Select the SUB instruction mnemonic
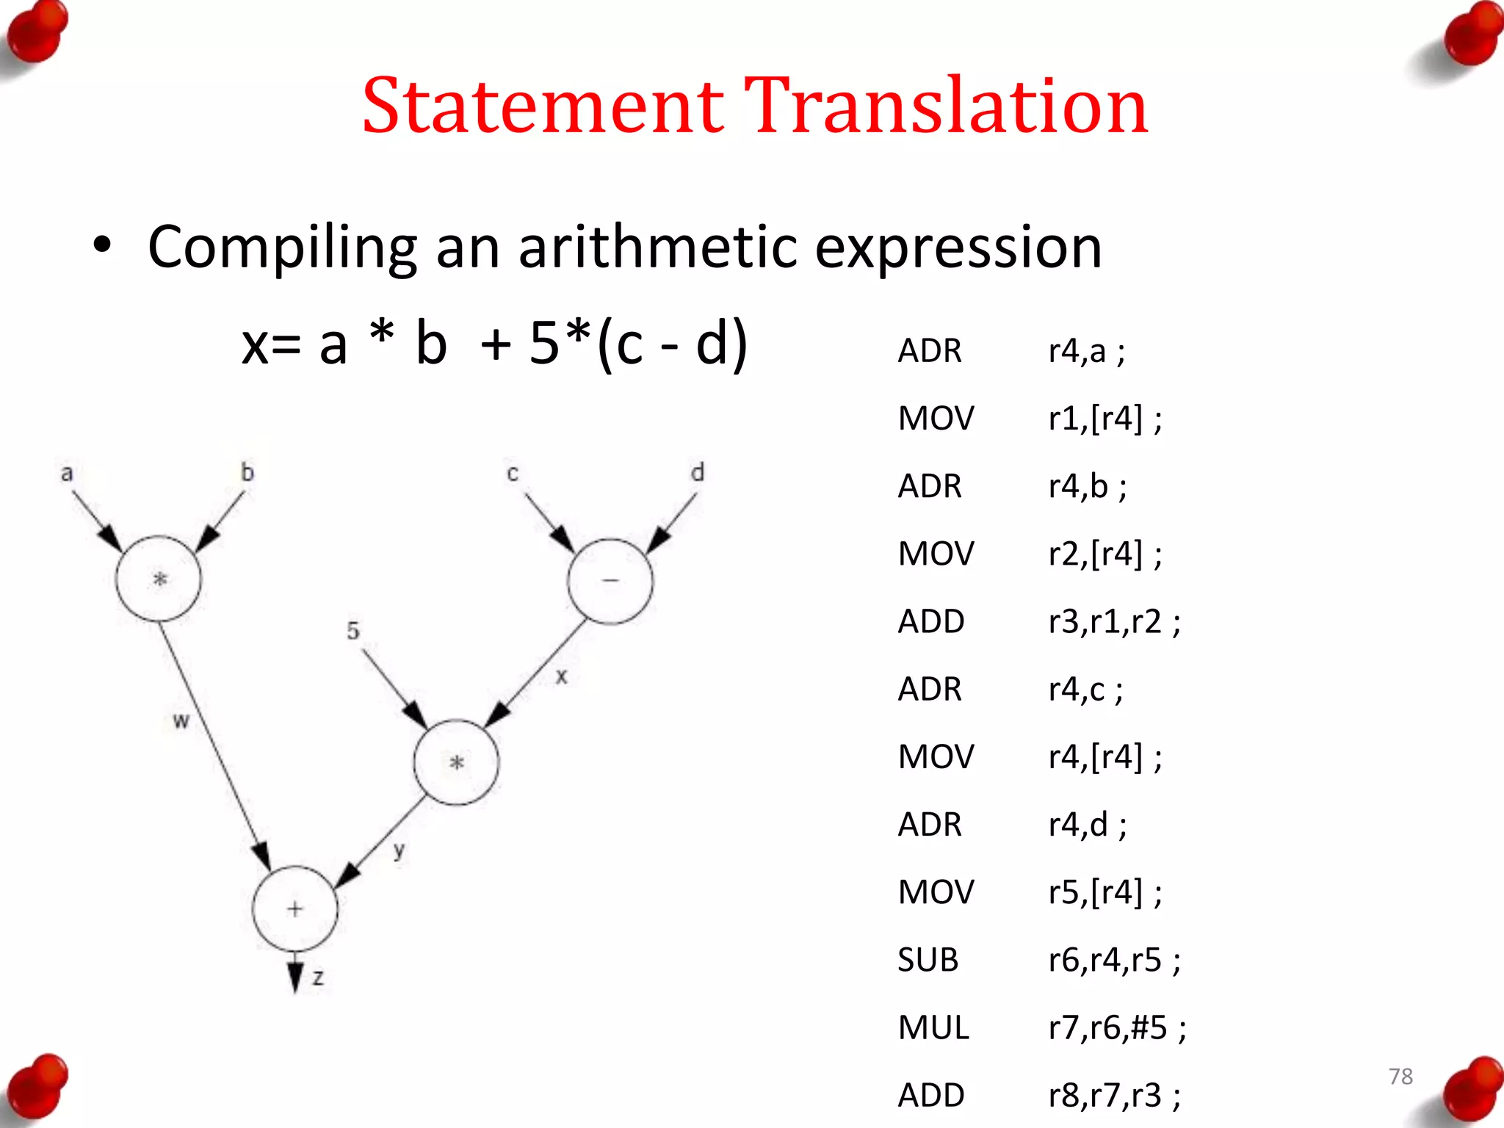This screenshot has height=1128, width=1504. (928, 960)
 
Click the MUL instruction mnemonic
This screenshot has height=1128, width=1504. (933, 1027)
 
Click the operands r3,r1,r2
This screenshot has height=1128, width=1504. (1113, 621)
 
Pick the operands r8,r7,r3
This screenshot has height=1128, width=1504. (1113, 1095)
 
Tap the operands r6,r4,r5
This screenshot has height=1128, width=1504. (1113, 960)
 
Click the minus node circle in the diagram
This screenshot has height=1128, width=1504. (610, 581)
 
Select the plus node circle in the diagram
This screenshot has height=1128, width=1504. (294, 909)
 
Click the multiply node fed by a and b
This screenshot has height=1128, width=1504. (159, 579)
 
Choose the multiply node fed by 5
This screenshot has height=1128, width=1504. (456, 762)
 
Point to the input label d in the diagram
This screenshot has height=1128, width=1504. (697, 472)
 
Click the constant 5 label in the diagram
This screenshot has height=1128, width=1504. (353, 630)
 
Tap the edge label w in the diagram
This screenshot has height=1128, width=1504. (181, 721)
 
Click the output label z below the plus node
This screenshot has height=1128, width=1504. (318, 977)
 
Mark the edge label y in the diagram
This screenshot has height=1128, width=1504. (399, 850)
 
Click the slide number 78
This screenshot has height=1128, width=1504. (1400, 1076)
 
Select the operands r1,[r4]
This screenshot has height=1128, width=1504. (1104, 419)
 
